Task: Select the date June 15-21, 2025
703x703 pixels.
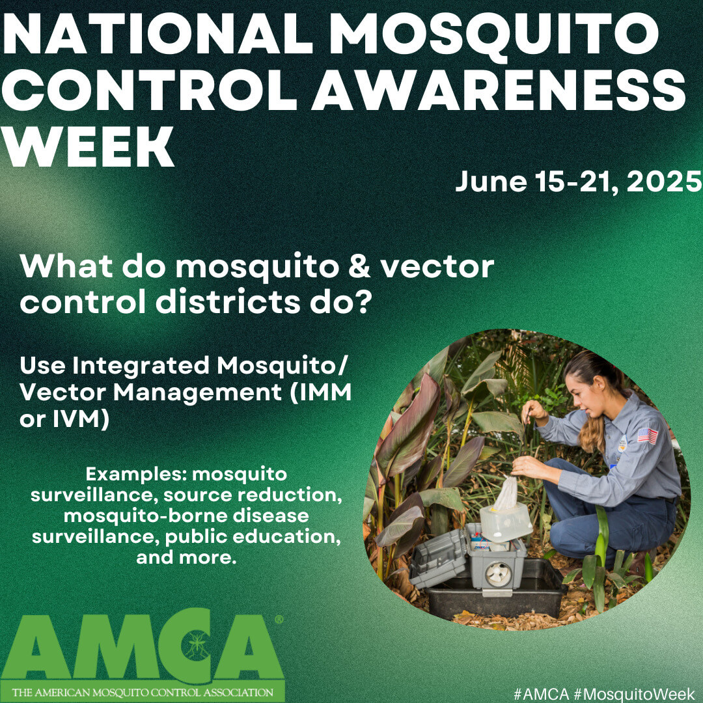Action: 578,182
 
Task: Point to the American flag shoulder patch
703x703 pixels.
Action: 647,435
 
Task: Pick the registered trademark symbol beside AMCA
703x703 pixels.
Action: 279,620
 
